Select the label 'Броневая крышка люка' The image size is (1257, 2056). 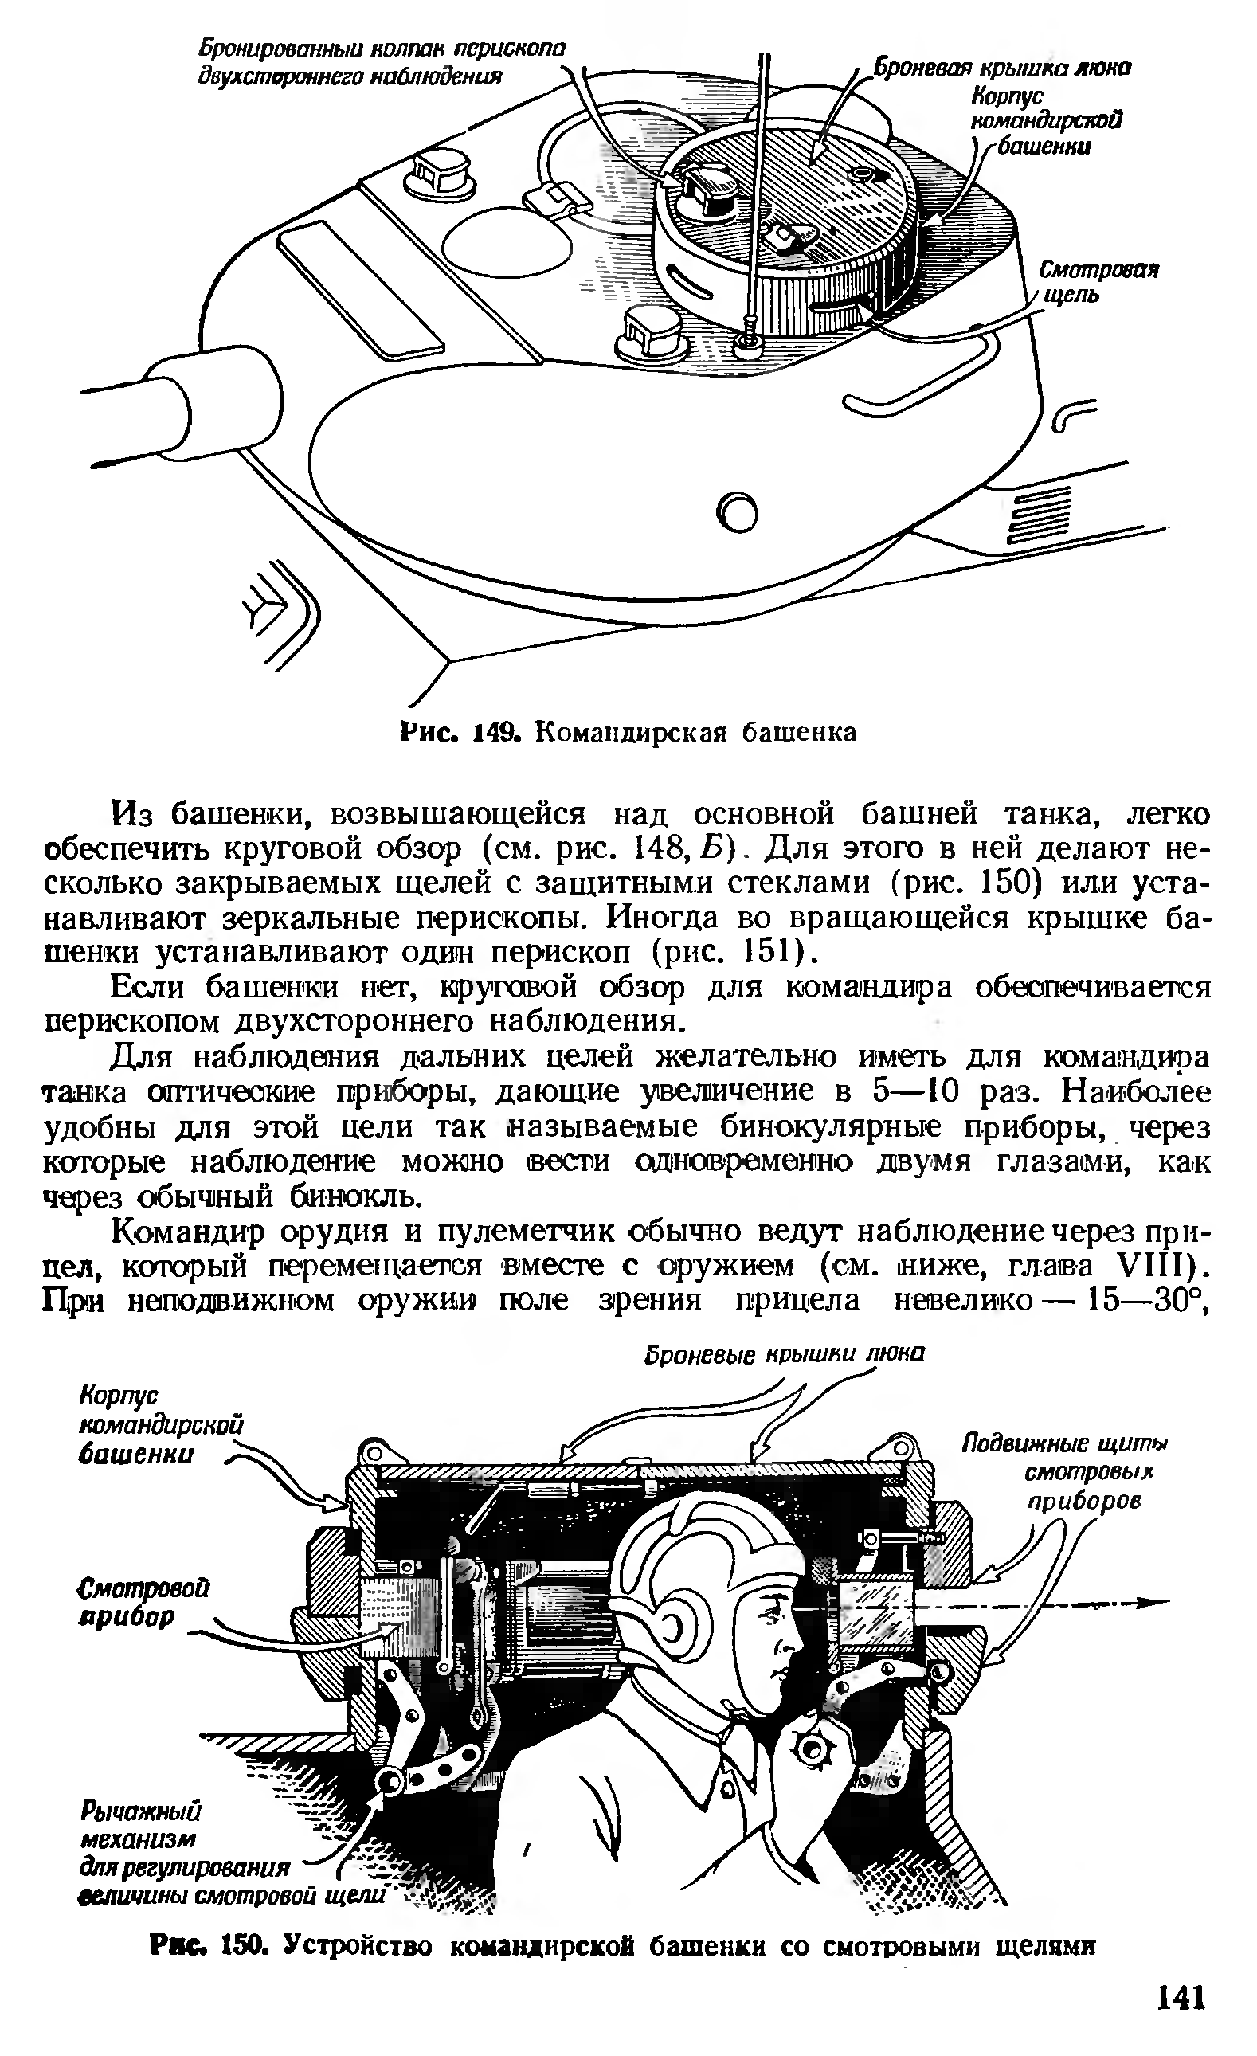point(1001,68)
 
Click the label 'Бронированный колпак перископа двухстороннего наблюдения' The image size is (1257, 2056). point(381,63)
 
